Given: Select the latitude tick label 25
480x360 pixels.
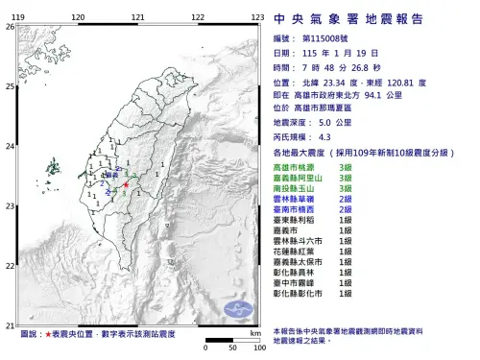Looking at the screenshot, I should [10, 86].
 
